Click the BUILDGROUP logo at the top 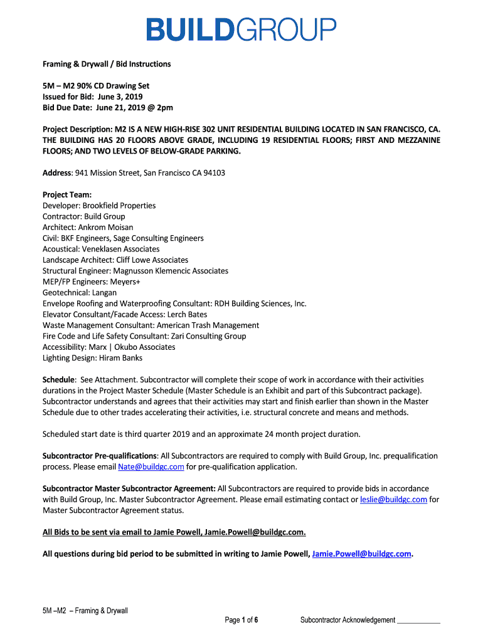242,30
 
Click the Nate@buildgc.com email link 151,467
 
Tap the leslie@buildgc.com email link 393,500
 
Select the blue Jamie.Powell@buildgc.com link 361,554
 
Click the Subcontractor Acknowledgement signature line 419,621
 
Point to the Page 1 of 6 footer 242,621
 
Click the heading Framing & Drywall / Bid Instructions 107,64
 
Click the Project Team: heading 67,194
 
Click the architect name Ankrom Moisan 105,227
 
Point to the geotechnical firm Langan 103,292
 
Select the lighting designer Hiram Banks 120,358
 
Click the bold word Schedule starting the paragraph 59,380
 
